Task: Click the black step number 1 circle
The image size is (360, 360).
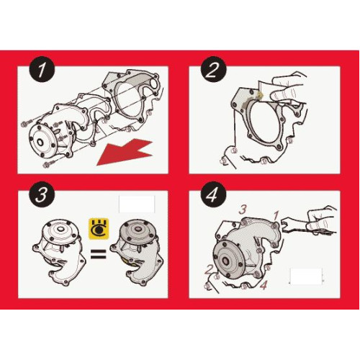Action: click(42, 69)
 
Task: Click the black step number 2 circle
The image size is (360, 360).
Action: click(213, 69)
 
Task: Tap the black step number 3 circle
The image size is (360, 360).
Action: click(42, 194)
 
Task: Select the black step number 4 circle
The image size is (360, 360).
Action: click(213, 194)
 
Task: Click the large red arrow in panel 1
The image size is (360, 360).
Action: click(125, 153)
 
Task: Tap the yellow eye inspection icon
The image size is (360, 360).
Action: click(99, 229)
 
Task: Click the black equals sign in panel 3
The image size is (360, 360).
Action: click(99, 254)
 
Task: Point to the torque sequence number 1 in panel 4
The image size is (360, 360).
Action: click(276, 215)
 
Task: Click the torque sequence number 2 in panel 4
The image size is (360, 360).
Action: click(208, 269)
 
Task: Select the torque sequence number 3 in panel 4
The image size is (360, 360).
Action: click(243, 210)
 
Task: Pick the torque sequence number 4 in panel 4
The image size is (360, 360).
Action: click(264, 285)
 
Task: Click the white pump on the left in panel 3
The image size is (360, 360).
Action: click(59, 252)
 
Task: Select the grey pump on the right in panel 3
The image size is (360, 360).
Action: click(137, 252)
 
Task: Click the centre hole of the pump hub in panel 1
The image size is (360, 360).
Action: click(40, 142)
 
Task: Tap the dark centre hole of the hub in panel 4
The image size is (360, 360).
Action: click(226, 261)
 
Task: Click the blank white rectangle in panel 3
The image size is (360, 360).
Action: click(137, 204)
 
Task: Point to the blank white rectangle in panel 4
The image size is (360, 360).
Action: click(306, 276)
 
